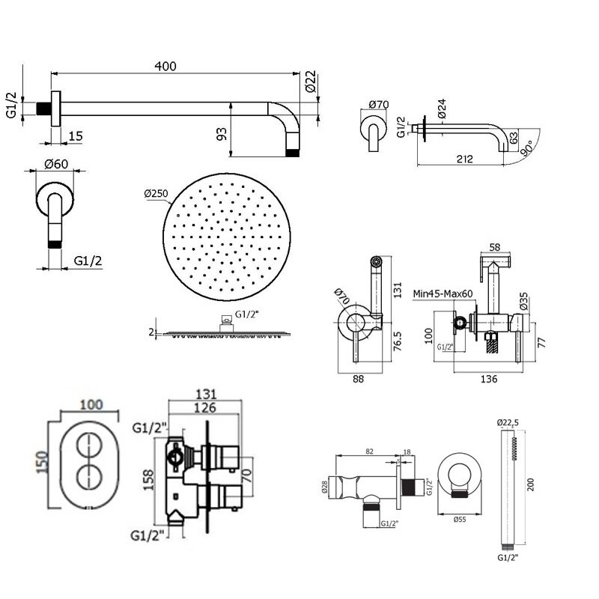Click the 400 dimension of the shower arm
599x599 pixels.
(x=165, y=67)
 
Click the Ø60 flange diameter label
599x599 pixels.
(x=55, y=164)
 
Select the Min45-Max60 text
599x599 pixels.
(x=443, y=294)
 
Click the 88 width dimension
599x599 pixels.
(x=358, y=379)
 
